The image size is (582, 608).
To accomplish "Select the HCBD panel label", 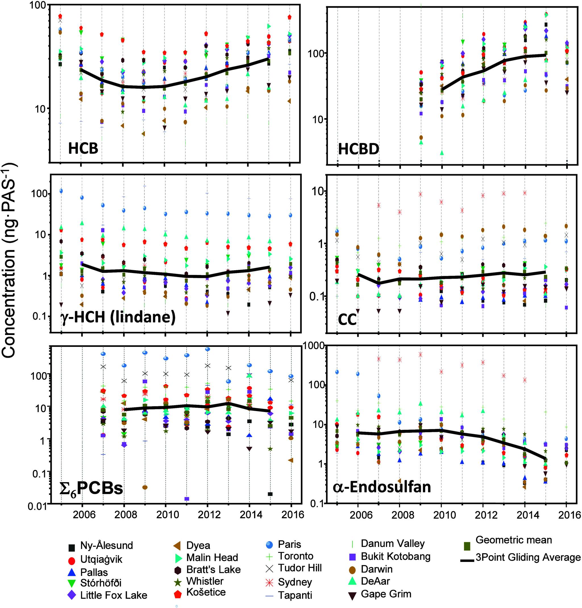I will [358, 149].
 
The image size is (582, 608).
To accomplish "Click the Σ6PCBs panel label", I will [91, 489].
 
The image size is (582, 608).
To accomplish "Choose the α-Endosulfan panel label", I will [382, 487].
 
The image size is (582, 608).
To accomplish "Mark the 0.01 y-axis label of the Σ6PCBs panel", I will [37, 507].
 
